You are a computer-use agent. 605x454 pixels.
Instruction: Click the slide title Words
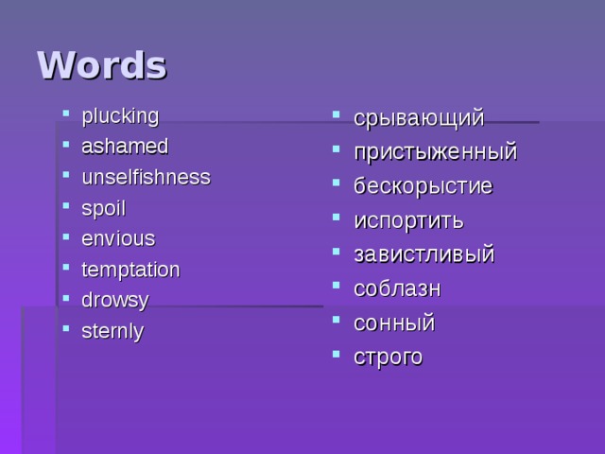click(x=101, y=65)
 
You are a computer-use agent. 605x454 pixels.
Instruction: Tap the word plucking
click(x=120, y=116)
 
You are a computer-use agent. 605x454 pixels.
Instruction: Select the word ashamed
click(x=125, y=147)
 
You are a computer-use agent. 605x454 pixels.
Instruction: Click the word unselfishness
click(x=146, y=177)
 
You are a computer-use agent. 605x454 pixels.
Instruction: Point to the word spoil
click(x=103, y=208)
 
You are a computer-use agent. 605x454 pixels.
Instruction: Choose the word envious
click(x=118, y=238)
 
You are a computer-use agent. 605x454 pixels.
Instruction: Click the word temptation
click(x=130, y=270)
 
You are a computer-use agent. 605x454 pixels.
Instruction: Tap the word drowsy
click(x=115, y=300)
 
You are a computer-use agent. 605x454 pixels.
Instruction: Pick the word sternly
click(x=113, y=331)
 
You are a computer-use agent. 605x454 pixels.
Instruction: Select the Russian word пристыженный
click(x=435, y=152)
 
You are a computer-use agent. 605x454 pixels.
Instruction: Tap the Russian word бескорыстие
click(x=423, y=186)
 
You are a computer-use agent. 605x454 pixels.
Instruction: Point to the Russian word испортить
click(x=408, y=220)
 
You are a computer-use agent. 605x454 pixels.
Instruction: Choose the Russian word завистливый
click(x=423, y=254)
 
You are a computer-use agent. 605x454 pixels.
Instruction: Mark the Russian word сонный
click(x=394, y=323)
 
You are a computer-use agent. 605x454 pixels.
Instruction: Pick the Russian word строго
click(x=389, y=357)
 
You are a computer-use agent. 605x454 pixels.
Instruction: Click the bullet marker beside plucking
click(x=66, y=116)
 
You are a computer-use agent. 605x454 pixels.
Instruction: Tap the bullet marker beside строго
click(x=338, y=356)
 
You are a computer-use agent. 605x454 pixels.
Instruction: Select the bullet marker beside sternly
click(x=66, y=330)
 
